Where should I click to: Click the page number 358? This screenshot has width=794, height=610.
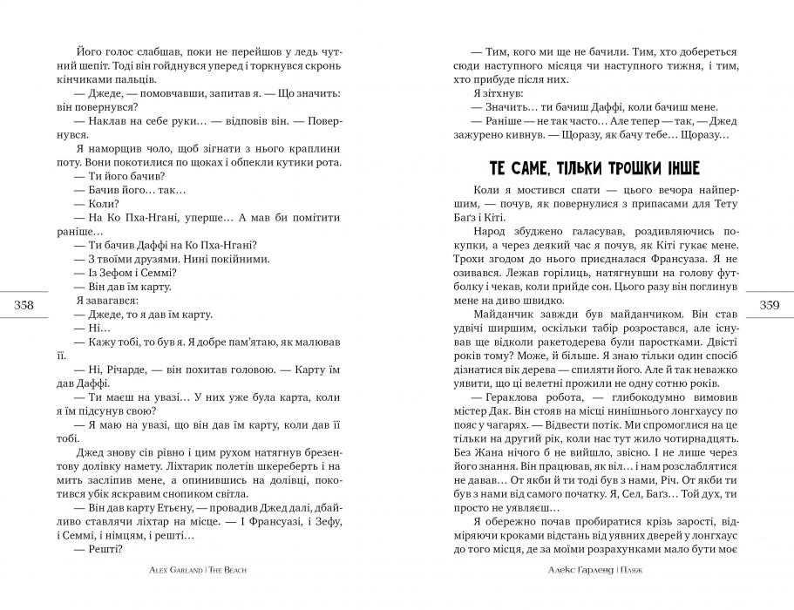[x=25, y=304]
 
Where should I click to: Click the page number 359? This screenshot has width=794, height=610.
[x=769, y=304]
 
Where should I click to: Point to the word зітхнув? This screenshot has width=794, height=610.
[x=496, y=91]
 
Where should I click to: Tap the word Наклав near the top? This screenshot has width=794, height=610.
[x=110, y=120]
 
